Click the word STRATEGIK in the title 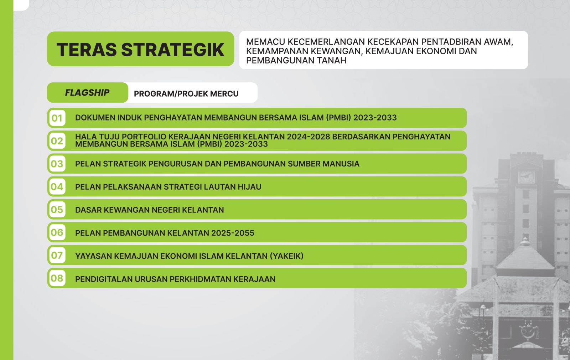173,50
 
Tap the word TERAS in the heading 87,50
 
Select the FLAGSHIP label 87,93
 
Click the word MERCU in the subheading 224,94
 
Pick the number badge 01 57,118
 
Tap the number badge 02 57,141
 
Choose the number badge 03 57,164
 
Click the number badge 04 57,187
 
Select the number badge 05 57,210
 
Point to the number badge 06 57,232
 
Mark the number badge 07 57,255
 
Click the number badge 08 57,278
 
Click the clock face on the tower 526,176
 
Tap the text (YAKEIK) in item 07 287,256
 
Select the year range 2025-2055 233,233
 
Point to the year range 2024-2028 308,137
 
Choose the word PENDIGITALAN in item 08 104,279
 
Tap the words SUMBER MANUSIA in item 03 323,164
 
